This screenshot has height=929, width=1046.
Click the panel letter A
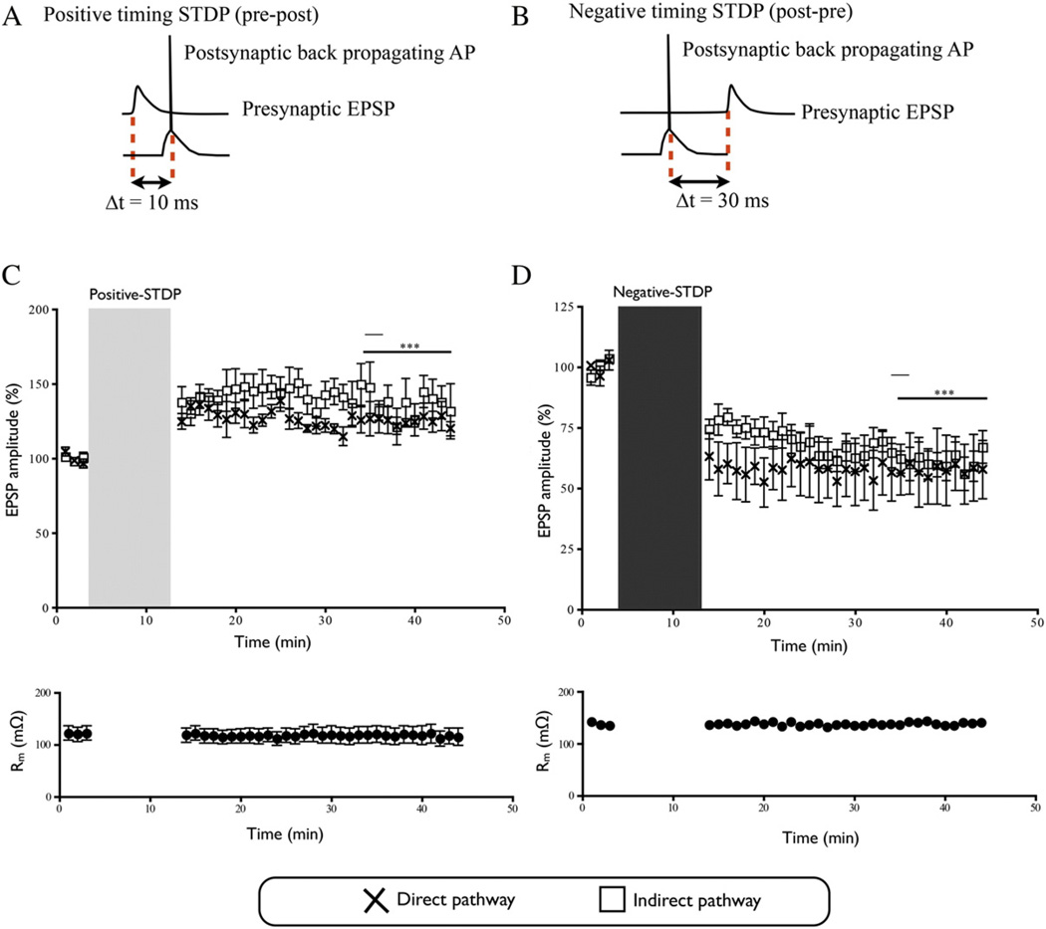[x=14, y=17]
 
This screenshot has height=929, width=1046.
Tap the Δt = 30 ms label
[x=701, y=203]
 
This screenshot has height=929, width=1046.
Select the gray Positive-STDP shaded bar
[x=130, y=458]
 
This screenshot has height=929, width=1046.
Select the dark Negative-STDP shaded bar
[x=659, y=458]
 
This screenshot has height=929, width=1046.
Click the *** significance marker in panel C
[x=408, y=347]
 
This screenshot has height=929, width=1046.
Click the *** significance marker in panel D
[x=943, y=392]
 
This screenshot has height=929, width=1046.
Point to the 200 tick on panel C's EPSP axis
[x=39, y=310]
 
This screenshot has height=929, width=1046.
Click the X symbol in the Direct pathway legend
[x=376, y=900]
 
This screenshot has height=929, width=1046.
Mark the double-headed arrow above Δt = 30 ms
[x=699, y=181]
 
